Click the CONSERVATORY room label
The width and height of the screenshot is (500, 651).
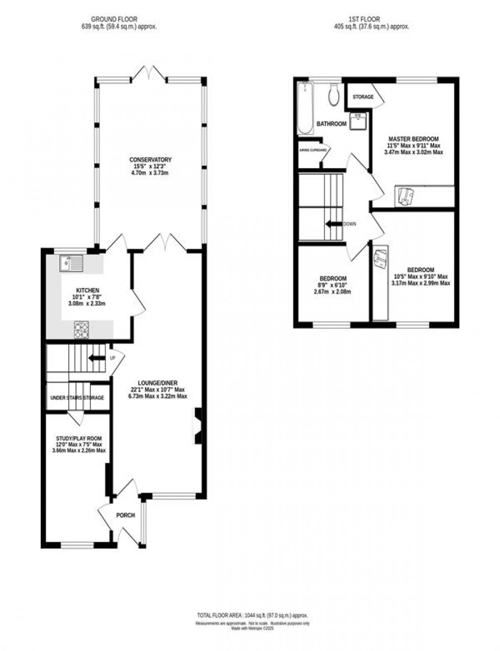click(x=150, y=160)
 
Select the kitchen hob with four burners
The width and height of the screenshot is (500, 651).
click(x=81, y=330)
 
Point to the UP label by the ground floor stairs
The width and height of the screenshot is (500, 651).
click(x=113, y=358)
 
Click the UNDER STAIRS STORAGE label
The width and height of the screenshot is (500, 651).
click(x=77, y=398)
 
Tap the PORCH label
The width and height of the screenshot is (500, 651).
click(x=126, y=515)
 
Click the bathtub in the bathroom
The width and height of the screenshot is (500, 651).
click(x=305, y=108)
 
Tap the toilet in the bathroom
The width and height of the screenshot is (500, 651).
click(x=335, y=95)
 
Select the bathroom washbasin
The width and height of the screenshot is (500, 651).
click(x=356, y=121)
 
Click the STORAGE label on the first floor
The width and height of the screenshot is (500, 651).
click(x=363, y=97)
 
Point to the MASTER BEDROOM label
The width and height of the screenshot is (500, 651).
click(x=413, y=139)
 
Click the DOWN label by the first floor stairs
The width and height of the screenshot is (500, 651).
click(x=350, y=224)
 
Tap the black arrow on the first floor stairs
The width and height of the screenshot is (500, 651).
click(x=334, y=224)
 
